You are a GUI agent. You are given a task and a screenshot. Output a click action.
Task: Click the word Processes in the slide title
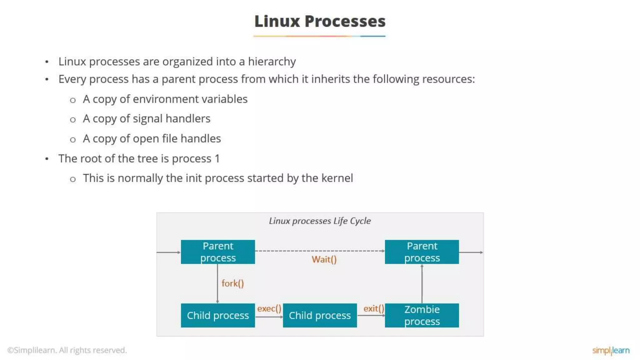click(x=345, y=21)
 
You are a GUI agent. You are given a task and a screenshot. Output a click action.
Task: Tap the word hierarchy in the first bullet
click(x=272, y=62)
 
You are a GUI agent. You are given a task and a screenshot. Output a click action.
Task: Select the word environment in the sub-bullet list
click(x=159, y=99)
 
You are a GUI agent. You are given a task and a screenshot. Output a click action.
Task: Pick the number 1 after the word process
click(x=217, y=159)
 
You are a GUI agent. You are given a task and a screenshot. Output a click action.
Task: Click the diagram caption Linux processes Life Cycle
click(x=320, y=221)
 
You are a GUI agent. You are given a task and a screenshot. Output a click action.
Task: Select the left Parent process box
click(x=218, y=252)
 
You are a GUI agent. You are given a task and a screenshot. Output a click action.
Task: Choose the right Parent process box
click(x=422, y=252)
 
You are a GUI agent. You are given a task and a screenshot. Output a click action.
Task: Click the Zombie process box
click(x=422, y=315)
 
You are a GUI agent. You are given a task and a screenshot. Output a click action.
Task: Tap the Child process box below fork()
click(x=218, y=315)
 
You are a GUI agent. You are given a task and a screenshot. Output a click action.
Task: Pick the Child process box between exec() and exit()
click(x=320, y=315)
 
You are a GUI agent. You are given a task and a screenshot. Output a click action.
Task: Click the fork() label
click(x=232, y=283)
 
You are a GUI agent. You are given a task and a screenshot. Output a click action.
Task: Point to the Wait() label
click(x=324, y=259)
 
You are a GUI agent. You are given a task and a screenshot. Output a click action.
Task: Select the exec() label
click(x=269, y=309)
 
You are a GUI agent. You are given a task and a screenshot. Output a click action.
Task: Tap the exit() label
click(x=373, y=309)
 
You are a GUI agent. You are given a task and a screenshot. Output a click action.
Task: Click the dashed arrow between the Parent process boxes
click(x=320, y=251)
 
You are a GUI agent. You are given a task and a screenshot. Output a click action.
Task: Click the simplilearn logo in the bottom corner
click(x=611, y=350)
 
